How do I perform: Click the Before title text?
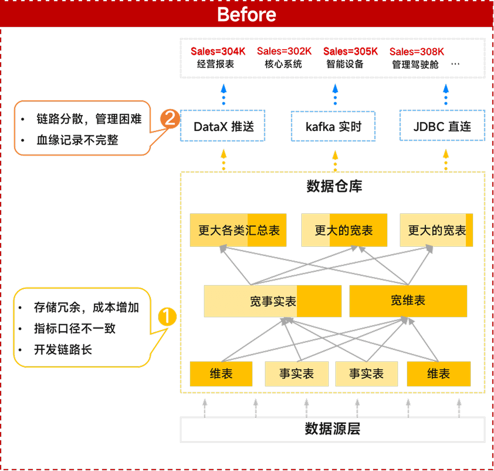(247, 14)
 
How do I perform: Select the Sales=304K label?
(218, 51)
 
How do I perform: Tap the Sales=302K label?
(284, 51)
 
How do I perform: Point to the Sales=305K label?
(351, 51)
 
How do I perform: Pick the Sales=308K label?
(417, 52)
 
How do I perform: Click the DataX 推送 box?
(223, 126)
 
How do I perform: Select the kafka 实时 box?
(333, 126)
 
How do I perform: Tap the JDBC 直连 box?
(442, 126)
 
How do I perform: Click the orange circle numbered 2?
(170, 118)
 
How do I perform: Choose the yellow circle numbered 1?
(167, 316)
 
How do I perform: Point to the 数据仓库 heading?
(334, 186)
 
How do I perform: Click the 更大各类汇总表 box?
(238, 230)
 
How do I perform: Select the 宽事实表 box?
(273, 301)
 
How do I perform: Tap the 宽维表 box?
(408, 301)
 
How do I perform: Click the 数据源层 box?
(332, 429)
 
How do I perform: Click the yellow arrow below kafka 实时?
(335, 161)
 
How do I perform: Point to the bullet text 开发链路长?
(63, 350)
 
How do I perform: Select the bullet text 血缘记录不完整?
(77, 140)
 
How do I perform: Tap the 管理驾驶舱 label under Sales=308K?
(415, 64)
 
